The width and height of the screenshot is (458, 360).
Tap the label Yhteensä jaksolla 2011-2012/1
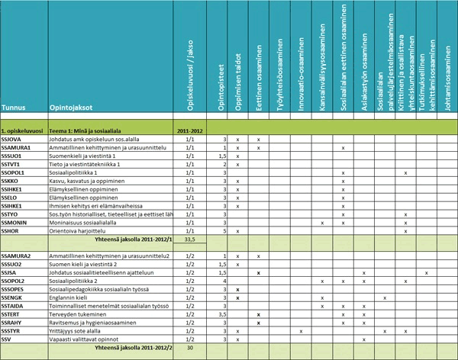tap(133, 239)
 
